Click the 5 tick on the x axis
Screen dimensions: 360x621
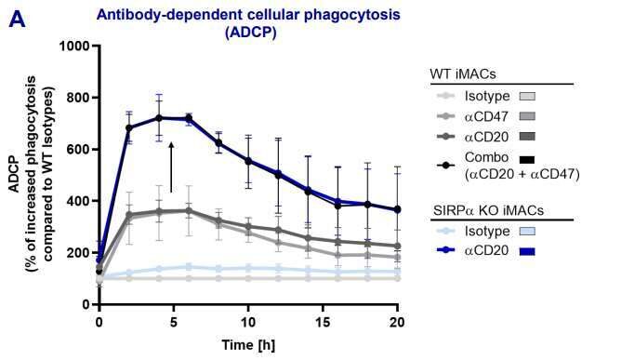coord(174,321)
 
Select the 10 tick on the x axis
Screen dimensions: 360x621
coord(248,321)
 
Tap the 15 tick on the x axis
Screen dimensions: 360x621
coord(323,321)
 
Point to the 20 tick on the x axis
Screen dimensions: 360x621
coord(398,321)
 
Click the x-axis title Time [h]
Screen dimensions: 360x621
coord(247,344)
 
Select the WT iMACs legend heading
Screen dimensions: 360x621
coord(461,73)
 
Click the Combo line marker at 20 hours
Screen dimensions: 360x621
coord(398,210)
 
